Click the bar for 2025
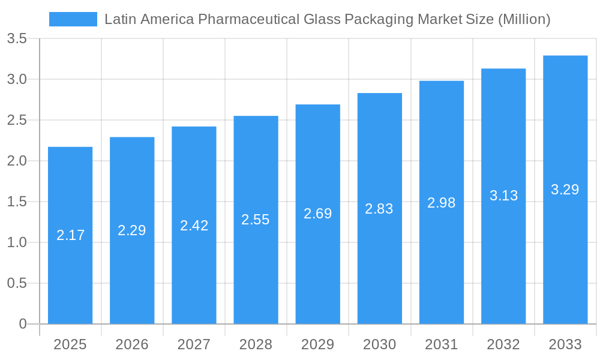[70, 235]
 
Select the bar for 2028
[256, 220]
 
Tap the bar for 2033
[565, 190]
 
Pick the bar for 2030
[379, 208]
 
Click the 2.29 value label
[132, 230]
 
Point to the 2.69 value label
[317, 214]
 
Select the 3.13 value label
[503, 196]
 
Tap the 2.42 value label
[194, 226]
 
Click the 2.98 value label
[442, 203]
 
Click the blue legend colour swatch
[73, 19]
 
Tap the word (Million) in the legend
[524, 19]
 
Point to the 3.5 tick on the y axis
[17, 39]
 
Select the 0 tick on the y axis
[23, 324]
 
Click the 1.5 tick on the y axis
[17, 202]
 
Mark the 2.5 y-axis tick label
[17, 120]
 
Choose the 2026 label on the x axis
[132, 344]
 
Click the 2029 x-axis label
[317, 344]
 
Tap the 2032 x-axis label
[503, 344]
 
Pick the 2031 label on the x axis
[442, 344]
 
